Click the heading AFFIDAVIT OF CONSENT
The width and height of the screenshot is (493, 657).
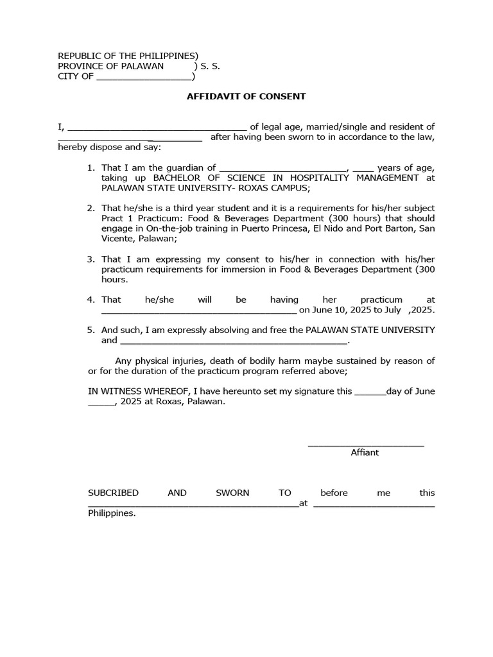click(x=246, y=97)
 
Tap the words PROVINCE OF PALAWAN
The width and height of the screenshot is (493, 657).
click(x=110, y=66)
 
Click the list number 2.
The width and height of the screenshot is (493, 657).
click(x=91, y=209)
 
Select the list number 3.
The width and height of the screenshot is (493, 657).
click(x=91, y=259)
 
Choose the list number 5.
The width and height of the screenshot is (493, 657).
click(x=91, y=330)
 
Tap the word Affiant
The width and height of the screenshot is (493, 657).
click(x=365, y=452)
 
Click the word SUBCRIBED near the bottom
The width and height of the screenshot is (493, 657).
click(x=113, y=493)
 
